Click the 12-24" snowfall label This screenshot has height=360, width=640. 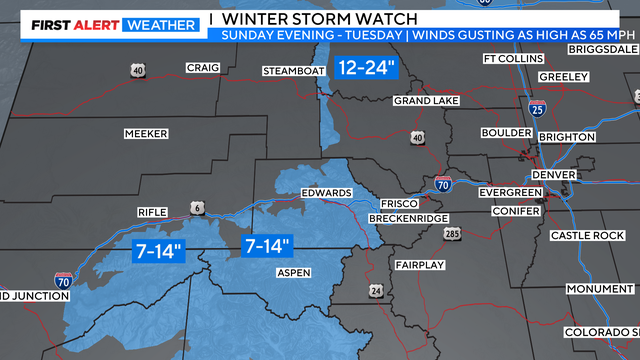367,68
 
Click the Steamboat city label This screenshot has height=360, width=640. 294,71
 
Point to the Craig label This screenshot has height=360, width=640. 201,68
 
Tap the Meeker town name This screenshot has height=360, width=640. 146,133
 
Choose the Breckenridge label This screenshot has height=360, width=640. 405,218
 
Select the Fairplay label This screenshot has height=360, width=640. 412,265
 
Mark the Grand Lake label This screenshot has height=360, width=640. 425,101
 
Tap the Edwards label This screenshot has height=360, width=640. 326,193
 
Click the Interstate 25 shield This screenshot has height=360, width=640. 538,108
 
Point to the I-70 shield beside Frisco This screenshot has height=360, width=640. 443,184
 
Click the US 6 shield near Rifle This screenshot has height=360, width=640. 199,207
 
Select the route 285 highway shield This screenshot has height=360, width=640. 452,234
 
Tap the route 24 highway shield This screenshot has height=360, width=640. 376,290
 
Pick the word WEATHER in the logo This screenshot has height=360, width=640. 159,24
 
